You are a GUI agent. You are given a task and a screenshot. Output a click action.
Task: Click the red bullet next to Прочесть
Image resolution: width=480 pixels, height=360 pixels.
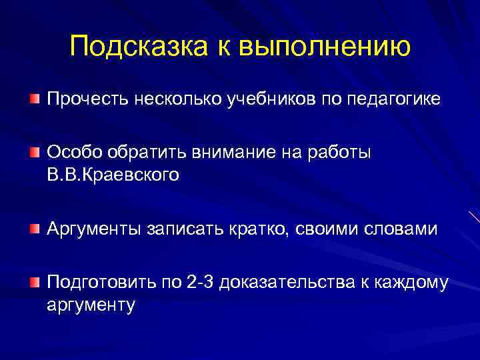pyautogui.click(x=34, y=99)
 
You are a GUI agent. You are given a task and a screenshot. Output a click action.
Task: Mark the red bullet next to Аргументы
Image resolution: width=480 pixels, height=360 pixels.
pyautogui.click(x=34, y=229)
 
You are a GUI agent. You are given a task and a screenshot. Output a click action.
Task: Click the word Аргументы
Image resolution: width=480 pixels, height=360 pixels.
pyautogui.click(x=93, y=229)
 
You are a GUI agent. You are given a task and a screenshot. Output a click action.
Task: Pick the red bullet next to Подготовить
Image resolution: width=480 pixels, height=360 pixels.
pyautogui.click(x=34, y=282)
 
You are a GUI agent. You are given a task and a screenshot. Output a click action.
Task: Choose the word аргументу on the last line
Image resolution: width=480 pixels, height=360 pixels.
pyautogui.click(x=91, y=306)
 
